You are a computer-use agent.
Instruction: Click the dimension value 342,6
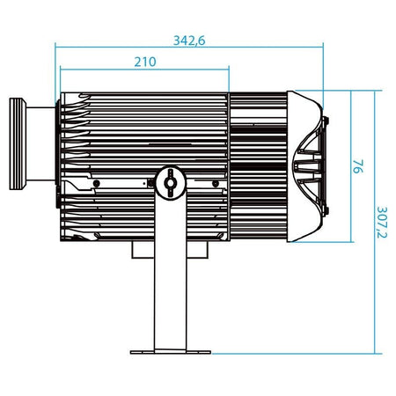pyautogui.click(x=189, y=40)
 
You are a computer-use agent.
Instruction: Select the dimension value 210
pyautogui.click(x=145, y=62)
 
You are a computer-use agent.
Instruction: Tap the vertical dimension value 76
pyautogui.click(x=358, y=166)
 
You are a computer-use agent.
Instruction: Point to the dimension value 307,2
pyautogui.click(x=382, y=223)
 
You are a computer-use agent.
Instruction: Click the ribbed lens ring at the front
pyautogui.click(x=18, y=143)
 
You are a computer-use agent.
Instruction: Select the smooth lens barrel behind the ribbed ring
pyautogui.click(x=40, y=143)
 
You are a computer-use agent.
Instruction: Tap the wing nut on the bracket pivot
pyautogui.click(x=170, y=183)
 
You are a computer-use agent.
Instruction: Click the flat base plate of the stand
pyautogui.click(x=171, y=352)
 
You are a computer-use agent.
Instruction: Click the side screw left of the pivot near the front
pyautogui.click(x=96, y=184)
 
